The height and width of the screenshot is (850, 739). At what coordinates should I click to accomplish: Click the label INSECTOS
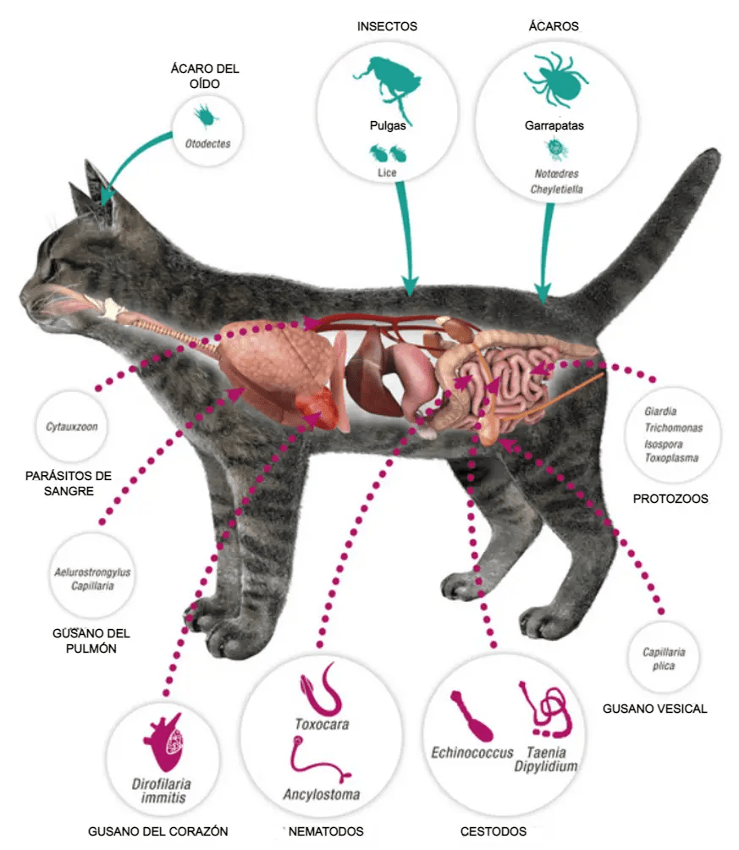coord(387,26)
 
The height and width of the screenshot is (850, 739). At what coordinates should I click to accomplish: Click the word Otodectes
coord(207,144)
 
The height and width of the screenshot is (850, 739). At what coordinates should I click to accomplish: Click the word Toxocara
coord(321,725)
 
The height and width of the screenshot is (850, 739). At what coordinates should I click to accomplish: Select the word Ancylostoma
coord(321,795)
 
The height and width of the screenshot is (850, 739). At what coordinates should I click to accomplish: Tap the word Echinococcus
coord(472,752)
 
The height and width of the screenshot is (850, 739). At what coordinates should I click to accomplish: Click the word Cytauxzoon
coord(72,427)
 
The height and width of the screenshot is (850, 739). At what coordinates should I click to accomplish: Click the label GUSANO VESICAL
coord(654,709)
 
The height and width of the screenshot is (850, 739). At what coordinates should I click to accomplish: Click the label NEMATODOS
coord(326,831)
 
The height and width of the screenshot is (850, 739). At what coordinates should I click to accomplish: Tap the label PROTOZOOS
coord(670,499)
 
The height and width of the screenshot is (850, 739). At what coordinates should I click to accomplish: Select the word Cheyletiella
coord(556,190)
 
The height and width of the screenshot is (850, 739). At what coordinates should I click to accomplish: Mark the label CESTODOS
coord(493,831)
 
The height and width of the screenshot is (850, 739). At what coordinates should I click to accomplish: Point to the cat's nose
coord(23,295)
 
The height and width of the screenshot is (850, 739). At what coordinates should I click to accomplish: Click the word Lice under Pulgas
coord(387,173)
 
